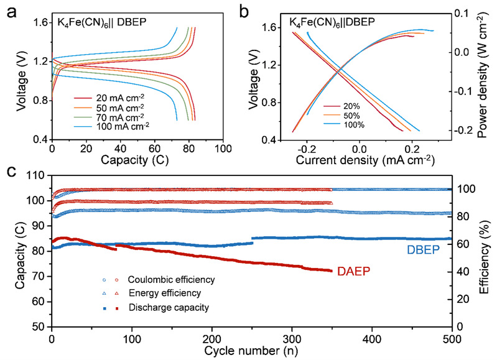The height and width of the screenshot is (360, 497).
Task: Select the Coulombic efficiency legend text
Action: click(163, 280)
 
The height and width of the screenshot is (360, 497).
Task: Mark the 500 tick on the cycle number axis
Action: click(452, 338)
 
